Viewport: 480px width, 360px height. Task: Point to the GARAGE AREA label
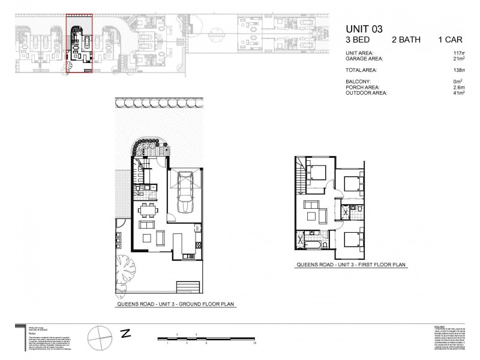coord(365,59)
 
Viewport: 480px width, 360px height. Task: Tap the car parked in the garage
coord(185,194)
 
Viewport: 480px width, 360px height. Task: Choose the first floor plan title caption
coord(351,265)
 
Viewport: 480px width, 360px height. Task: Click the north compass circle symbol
coord(99,334)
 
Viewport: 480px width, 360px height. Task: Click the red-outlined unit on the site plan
coord(79,44)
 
